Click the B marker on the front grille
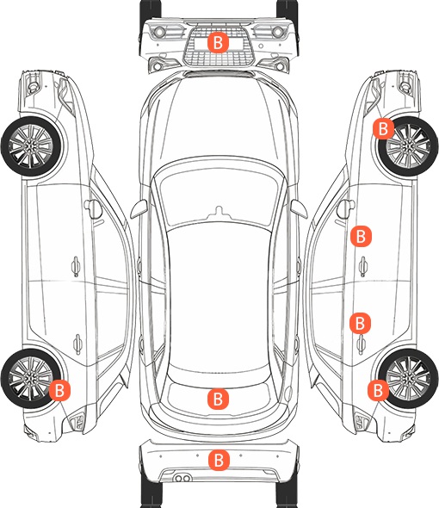tap(218, 42)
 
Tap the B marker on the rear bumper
tap(219, 460)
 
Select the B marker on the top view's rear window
tap(218, 399)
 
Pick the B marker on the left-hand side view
tap(59, 390)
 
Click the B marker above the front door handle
tap(361, 236)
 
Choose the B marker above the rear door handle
tap(360, 323)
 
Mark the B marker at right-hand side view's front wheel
tap(383, 128)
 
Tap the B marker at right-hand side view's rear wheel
tap(378, 390)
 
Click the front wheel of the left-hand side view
tap(32, 146)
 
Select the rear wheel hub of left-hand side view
tap(31, 378)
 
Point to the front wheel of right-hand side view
tap(408, 146)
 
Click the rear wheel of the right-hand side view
tap(408, 378)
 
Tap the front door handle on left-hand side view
tap(76, 266)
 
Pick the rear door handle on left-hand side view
tap(77, 344)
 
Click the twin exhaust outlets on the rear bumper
tap(182, 478)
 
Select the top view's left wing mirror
tap(139, 209)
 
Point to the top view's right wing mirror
tap(299, 209)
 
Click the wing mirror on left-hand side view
tap(93, 209)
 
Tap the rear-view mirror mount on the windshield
tap(219, 211)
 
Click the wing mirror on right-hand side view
tap(345, 209)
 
